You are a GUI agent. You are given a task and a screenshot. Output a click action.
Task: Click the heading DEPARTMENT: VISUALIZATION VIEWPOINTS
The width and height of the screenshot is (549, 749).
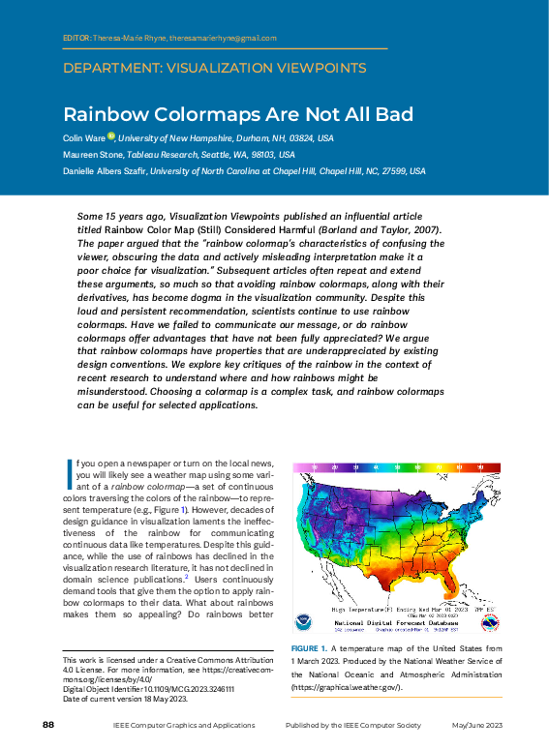pos(214,69)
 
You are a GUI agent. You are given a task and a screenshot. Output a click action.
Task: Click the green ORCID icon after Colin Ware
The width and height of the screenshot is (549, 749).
pos(111,137)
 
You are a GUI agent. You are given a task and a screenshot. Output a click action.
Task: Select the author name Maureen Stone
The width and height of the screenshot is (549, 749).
pos(90,155)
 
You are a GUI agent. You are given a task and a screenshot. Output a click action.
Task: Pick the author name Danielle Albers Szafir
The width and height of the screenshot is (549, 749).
pos(105,171)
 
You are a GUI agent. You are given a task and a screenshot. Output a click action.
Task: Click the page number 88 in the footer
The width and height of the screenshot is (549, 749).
pos(47,725)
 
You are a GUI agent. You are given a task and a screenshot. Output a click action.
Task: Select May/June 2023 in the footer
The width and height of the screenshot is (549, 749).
pos(477,725)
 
